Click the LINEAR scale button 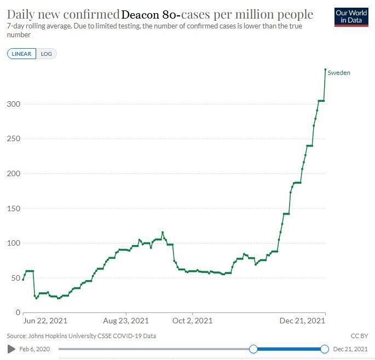tap(22, 54)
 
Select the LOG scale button tap(47, 54)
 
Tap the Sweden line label tap(339, 73)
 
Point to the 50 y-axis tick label tap(15, 278)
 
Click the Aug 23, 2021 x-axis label tap(125, 321)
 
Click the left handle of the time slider tap(253, 349)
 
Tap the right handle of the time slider tap(325, 349)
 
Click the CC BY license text tap(359, 335)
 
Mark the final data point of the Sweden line tap(325, 69)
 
